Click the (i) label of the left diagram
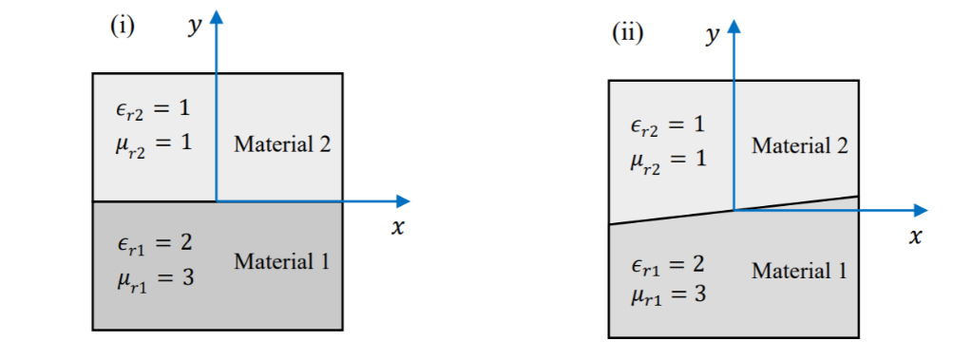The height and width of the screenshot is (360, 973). pos(123,26)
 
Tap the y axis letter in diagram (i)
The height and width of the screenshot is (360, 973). pos(195,27)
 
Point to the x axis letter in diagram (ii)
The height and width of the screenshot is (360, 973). pos(914,237)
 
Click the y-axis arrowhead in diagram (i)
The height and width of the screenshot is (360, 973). pos(218,15)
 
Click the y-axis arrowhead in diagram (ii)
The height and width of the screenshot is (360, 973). pos(734,25)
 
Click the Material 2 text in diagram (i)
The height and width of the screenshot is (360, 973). pos(281,144)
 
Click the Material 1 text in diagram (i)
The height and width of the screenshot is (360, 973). pos(281,260)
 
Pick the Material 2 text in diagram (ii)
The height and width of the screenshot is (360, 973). pos(799,146)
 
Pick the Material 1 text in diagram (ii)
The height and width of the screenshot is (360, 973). pos(799,271)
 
